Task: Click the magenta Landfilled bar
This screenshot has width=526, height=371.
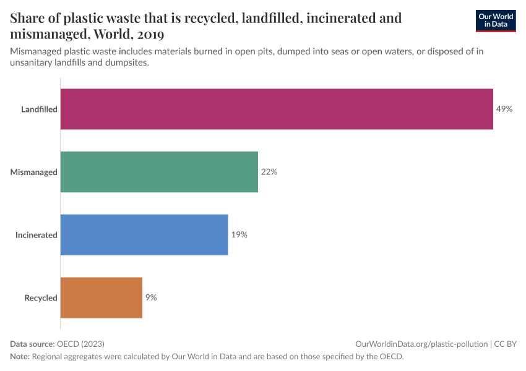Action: click(277, 109)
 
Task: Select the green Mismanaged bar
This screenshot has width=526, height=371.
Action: click(159, 172)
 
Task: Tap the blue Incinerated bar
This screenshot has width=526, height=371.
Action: click(144, 235)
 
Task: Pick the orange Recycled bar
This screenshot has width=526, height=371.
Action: click(101, 297)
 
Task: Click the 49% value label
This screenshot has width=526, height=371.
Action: click(504, 109)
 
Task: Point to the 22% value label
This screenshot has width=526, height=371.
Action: click(269, 172)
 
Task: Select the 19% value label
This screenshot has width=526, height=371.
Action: click(239, 235)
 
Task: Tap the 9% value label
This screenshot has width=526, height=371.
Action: click(151, 297)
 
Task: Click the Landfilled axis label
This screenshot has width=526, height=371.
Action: click(39, 109)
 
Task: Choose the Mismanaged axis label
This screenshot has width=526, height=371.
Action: click(34, 172)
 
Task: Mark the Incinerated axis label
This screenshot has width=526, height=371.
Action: click(37, 235)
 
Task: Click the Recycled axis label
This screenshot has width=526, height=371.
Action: click(41, 298)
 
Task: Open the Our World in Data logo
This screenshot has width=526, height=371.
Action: click(496, 21)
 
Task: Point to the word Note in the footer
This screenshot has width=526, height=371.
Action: click(19, 357)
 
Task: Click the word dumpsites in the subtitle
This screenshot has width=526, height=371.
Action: click(127, 63)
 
